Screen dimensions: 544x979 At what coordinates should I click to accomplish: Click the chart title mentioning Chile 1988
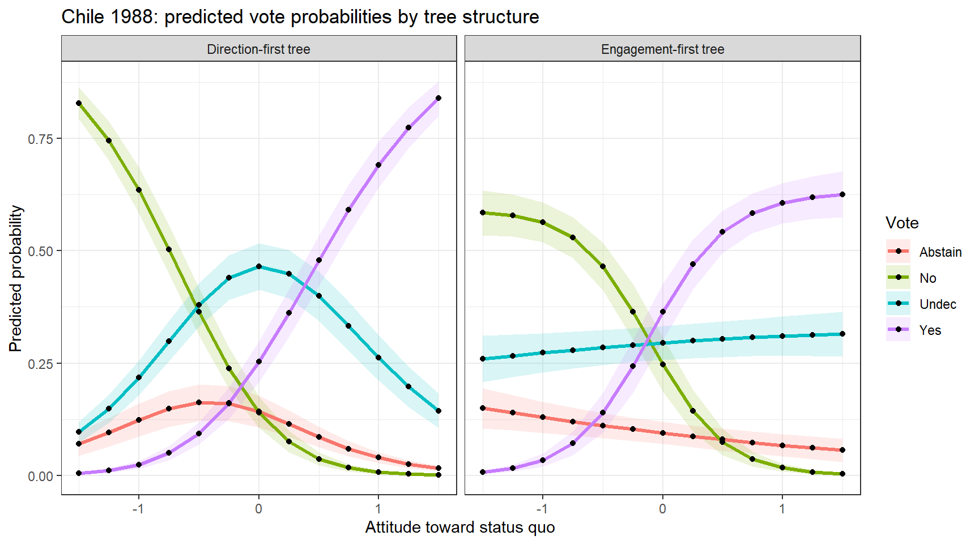(300, 17)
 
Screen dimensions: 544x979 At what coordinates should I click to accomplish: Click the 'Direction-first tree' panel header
(258, 49)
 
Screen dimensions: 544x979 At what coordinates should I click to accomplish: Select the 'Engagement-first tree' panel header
(662, 49)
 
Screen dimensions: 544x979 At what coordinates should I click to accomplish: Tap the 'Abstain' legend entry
(940, 252)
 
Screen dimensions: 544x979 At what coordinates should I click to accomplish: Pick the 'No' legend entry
(927, 278)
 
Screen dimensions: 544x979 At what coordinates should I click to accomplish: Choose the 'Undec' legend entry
(938, 304)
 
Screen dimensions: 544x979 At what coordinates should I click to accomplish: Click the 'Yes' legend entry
(930, 330)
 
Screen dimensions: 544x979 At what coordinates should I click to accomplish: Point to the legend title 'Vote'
(902, 223)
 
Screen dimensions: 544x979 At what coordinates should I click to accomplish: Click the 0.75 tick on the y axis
(40, 139)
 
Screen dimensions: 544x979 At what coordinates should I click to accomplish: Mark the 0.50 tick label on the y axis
(40, 251)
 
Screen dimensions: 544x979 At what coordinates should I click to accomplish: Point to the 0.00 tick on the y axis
(40, 476)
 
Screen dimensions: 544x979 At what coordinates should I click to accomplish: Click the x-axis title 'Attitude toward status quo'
(460, 527)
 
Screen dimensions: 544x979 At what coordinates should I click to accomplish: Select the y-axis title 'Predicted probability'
(16, 278)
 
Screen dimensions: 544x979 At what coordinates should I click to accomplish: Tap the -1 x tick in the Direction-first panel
(138, 508)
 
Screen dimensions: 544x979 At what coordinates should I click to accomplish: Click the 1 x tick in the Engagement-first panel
(782, 508)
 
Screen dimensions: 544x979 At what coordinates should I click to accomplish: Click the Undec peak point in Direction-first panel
(259, 266)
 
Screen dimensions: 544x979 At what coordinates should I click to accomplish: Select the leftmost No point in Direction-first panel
(79, 103)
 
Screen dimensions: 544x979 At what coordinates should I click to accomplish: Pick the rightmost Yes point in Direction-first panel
(439, 98)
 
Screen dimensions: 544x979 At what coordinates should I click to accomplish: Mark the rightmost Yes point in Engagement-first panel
(842, 194)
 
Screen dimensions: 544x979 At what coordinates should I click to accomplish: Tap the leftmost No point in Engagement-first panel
(483, 212)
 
